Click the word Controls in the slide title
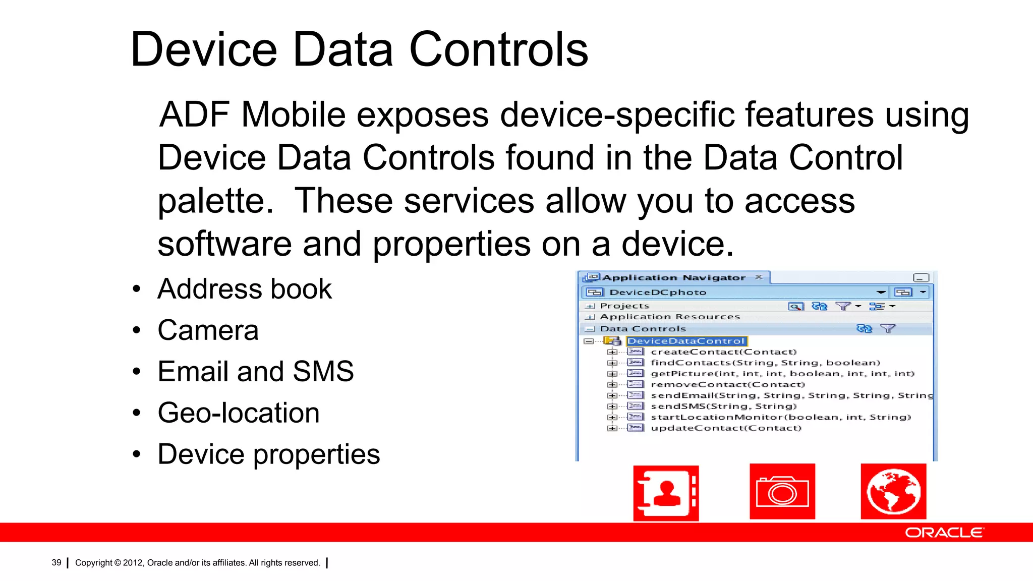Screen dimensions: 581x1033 coord(498,49)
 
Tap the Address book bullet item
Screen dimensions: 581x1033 coord(245,289)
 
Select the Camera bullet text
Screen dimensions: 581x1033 coord(208,330)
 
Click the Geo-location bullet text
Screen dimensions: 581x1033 coord(239,413)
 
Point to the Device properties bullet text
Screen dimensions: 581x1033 coord(268,454)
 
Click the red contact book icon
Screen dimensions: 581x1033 coord(666,493)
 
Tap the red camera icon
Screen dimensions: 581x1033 coord(782,492)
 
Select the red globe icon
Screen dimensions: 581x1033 coord(893,492)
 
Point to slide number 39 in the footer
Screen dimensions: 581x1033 coord(56,562)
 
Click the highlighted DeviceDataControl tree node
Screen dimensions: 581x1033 coord(686,341)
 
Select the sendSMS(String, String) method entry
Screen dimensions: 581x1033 coord(723,406)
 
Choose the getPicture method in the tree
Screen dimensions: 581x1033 coord(782,374)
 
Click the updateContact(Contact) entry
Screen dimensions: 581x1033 coord(726,428)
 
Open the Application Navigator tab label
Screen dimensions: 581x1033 coord(673,278)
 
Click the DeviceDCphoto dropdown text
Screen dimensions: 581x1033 coord(658,293)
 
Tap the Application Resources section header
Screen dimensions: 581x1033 coord(670,317)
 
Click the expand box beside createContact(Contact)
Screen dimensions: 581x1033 coord(612,352)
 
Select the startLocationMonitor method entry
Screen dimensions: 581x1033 coord(780,417)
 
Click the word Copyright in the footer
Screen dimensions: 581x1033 coord(94,562)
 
